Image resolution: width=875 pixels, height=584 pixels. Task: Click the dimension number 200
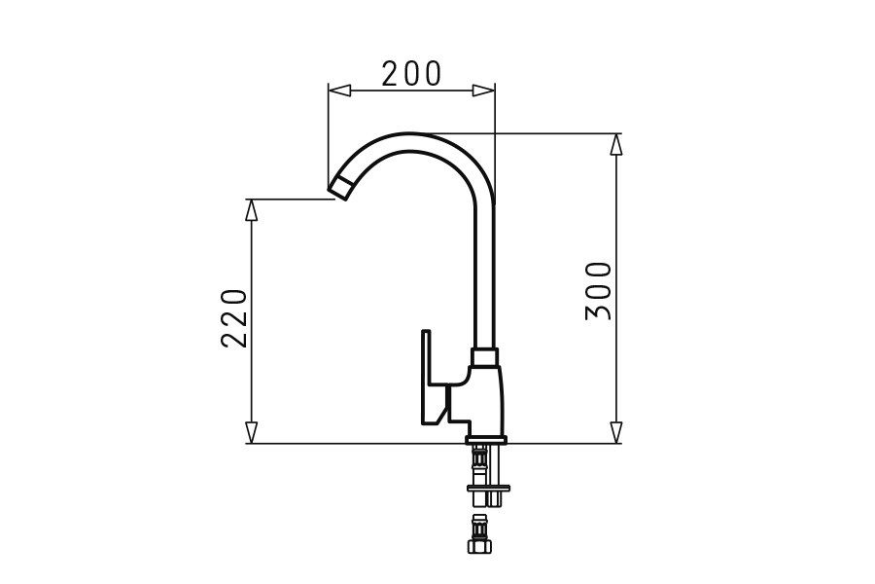click(411, 73)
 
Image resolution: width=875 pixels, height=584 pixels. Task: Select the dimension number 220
click(235, 317)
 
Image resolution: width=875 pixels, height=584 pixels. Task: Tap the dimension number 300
click(599, 290)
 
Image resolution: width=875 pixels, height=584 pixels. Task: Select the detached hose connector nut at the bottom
click(479, 547)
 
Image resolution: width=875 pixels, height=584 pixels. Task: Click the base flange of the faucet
click(485, 439)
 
